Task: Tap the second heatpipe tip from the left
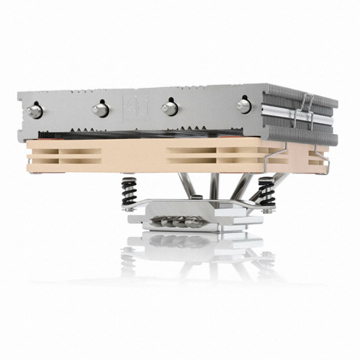tap(99, 109)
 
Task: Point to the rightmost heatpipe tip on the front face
tap(243, 105)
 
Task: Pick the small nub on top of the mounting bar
tap(180, 204)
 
